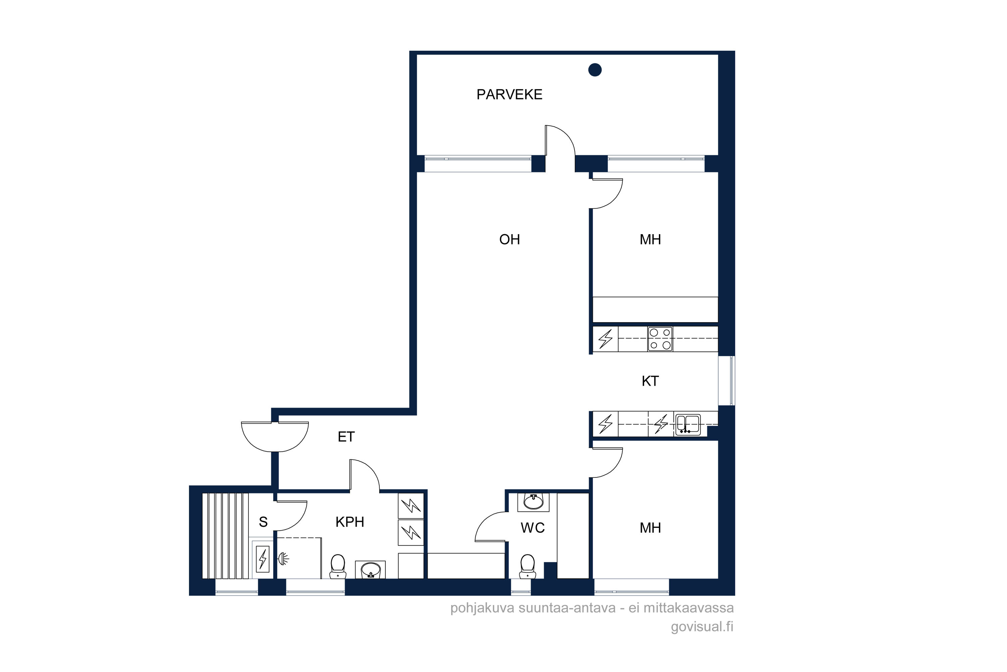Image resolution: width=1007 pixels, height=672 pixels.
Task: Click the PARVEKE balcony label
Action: click(x=509, y=94)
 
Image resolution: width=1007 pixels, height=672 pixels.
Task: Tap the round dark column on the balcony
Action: click(x=595, y=70)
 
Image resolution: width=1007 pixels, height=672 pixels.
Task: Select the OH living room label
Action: click(x=510, y=239)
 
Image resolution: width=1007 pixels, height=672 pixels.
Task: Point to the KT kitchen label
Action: click(x=650, y=381)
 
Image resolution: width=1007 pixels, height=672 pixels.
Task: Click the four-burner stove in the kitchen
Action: click(x=660, y=339)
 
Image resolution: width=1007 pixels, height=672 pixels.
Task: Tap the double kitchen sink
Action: click(x=687, y=424)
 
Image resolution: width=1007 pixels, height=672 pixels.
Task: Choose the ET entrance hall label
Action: click(x=346, y=437)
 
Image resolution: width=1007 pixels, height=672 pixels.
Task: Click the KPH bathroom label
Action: click(x=350, y=522)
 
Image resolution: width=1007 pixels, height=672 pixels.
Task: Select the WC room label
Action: click(x=533, y=528)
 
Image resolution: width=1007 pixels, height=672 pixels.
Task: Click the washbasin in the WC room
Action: click(x=533, y=502)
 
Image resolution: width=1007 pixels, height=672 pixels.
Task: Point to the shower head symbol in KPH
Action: click(x=283, y=558)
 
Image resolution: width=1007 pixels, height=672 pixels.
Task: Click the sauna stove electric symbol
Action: click(x=262, y=559)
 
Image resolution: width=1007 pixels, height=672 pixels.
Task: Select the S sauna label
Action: click(x=263, y=522)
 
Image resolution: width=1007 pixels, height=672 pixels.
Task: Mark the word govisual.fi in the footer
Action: click(x=702, y=627)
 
